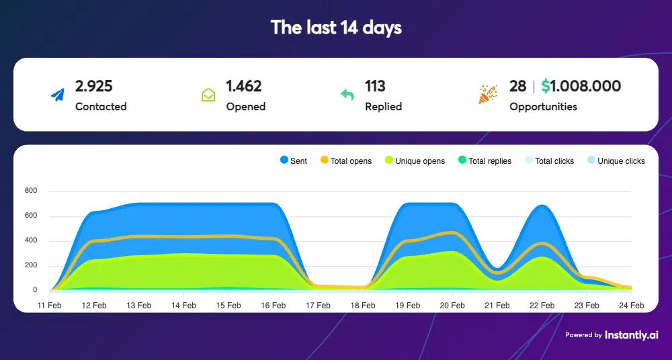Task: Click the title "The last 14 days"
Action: (x=336, y=28)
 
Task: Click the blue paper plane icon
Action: (x=58, y=95)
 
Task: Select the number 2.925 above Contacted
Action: (x=94, y=86)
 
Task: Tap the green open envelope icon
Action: (x=208, y=95)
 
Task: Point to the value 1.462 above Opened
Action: (x=243, y=86)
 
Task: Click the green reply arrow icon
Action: (x=347, y=95)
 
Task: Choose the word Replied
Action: (x=383, y=106)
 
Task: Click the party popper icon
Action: (x=488, y=95)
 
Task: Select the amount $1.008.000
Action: (x=581, y=86)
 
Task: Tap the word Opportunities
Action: (x=543, y=106)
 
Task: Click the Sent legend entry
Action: (x=293, y=161)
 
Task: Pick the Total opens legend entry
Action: (x=345, y=161)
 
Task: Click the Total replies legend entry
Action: (x=484, y=161)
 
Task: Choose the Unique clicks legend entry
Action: (x=616, y=161)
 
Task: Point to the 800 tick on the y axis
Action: (x=32, y=191)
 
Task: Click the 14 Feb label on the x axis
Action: (x=183, y=305)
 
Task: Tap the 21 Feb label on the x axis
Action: (x=497, y=305)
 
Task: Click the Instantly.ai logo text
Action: (x=632, y=334)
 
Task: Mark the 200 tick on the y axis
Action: (x=32, y=266)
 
